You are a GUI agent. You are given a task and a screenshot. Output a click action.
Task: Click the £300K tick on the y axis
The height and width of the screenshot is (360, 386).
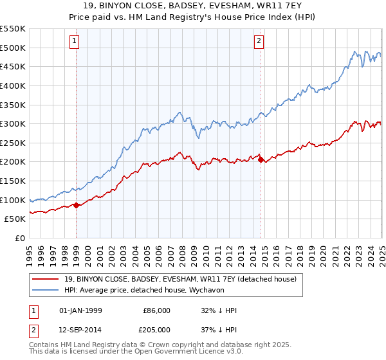point(13,123)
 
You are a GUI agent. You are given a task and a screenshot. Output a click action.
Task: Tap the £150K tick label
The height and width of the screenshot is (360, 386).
point(13,181)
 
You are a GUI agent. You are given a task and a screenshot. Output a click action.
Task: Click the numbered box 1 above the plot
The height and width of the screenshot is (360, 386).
point(75,42)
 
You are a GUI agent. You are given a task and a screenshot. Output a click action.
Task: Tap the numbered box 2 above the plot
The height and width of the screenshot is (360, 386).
point(259,42)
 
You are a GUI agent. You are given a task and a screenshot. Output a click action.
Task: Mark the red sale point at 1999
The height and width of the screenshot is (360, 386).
point(77,205)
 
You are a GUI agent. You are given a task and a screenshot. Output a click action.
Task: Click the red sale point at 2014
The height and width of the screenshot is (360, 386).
point(261,159)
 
